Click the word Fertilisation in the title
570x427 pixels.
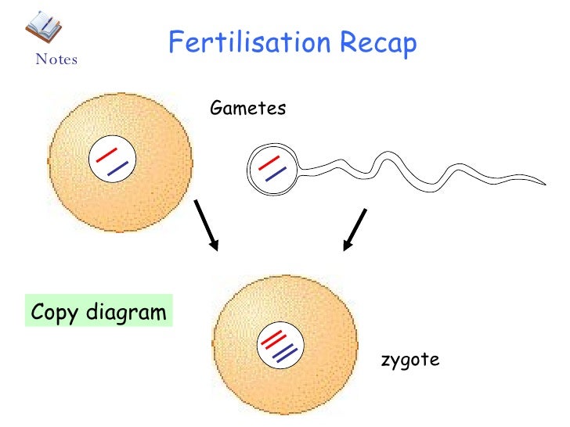[x=248, y=44]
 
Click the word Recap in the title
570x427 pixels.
[x=377, y=45]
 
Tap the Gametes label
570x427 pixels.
[x=248, y=108]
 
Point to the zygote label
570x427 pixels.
[x=409, y=360]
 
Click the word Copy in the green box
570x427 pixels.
[x=56, y=314]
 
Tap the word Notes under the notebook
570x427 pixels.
[x=56, y=59]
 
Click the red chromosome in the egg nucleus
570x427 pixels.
[x=106, y=153]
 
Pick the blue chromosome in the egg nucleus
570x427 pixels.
[x=117, y=167]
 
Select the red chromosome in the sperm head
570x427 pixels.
[x=269, y=163]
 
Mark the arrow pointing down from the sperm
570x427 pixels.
[x=355, y=229]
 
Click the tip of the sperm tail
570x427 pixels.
[x=543, y=184]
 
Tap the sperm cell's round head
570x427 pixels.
[x=272, y=168]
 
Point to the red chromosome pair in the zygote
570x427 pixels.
[x=272, y=339]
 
